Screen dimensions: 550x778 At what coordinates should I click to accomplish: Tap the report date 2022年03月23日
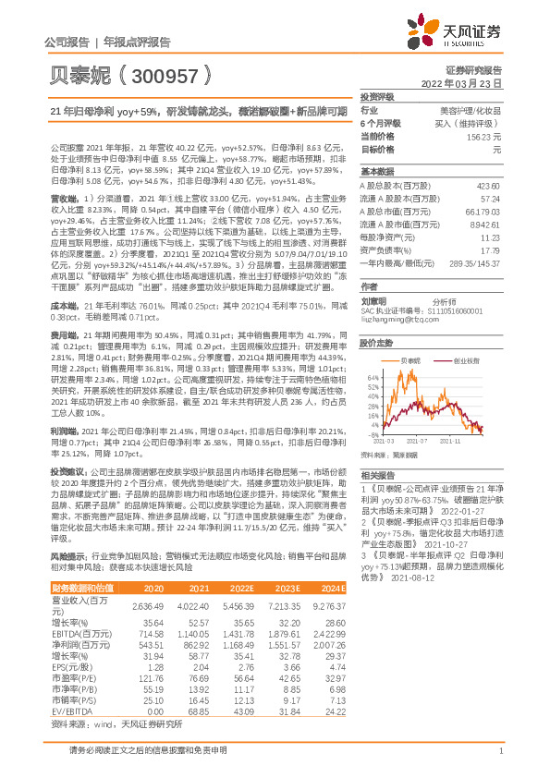coord(471,82)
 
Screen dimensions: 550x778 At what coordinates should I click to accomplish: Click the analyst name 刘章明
coord(373,300)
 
